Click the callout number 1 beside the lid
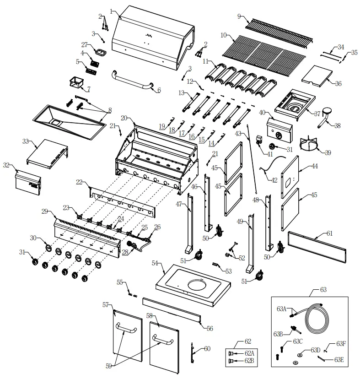[111, 11]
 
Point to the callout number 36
[338, 83]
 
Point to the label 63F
[341, 343]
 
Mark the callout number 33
[26, 141]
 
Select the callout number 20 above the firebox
[124, 118]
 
